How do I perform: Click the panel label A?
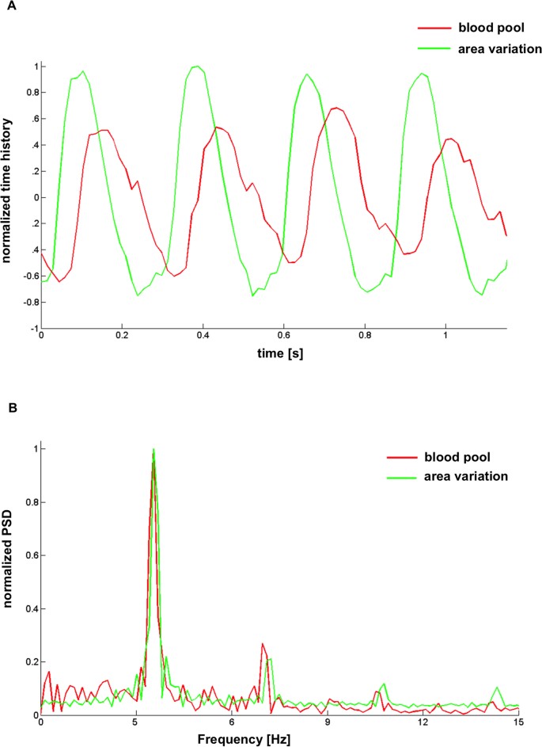pos(6,7)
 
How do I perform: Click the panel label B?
pos(6,411)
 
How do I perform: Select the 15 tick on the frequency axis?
pos(517,722)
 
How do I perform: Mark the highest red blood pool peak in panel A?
pos(336,107)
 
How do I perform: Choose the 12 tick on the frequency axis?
pos(423,722)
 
